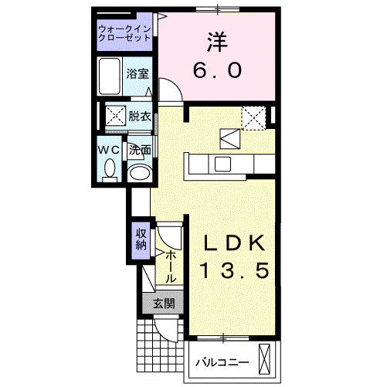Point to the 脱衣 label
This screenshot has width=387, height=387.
point(140,117)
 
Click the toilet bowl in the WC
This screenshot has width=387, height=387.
point(110,168)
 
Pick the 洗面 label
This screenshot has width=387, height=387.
point(139,150)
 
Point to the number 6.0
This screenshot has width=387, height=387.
point(217,70)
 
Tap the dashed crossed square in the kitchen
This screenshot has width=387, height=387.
point(253,117)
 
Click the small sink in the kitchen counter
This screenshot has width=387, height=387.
point(222,163)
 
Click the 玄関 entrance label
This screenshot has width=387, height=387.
point(162,304)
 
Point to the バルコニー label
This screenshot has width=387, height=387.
point(222,362)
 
